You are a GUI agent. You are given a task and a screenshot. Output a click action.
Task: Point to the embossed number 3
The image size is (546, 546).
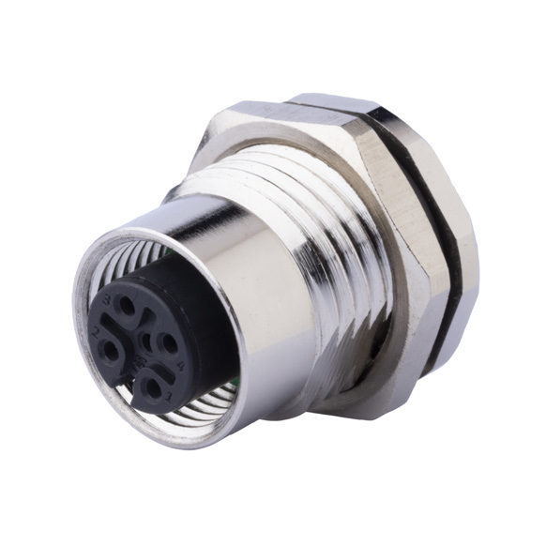(x=110, y=298)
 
